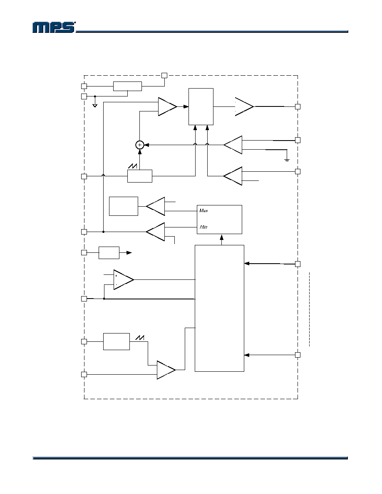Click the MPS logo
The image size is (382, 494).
tap(54, 27)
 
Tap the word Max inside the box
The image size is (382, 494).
tap(203, 210)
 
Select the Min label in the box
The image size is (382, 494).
tap(203, 227)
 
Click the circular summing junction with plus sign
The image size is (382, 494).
tap(140, 145)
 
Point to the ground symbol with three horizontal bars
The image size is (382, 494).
tap(287, 161)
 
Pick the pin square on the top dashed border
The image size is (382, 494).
tap(164, 75)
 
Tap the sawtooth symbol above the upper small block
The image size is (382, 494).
tap(133, 166)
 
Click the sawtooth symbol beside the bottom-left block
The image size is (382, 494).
tap(140, 338)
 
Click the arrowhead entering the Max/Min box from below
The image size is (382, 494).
tap(221, 236)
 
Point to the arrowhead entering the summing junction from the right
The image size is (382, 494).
tap(146, 145)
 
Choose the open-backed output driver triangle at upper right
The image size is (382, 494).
tap(244, 106)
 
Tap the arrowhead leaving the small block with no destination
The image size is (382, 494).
tap(129, 253)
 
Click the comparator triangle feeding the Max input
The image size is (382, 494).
tap(155, 206)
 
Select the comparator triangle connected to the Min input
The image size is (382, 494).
tap(155, 232)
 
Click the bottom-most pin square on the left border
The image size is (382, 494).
tap(84, 374)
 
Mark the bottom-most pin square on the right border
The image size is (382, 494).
tap(298, 355)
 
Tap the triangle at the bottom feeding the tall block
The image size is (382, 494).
tap(166, 370)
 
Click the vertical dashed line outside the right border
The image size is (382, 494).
tap(310, 309)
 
